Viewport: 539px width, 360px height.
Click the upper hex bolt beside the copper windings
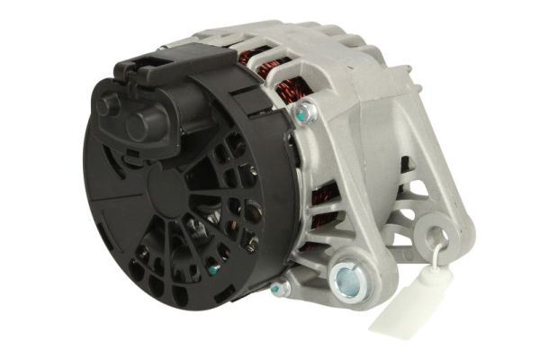click(306, 112)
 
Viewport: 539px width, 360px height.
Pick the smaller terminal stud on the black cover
click(109, 104)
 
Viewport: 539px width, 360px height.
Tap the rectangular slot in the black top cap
click(149, 67)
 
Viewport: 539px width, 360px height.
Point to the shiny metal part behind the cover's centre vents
click(236, 216)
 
